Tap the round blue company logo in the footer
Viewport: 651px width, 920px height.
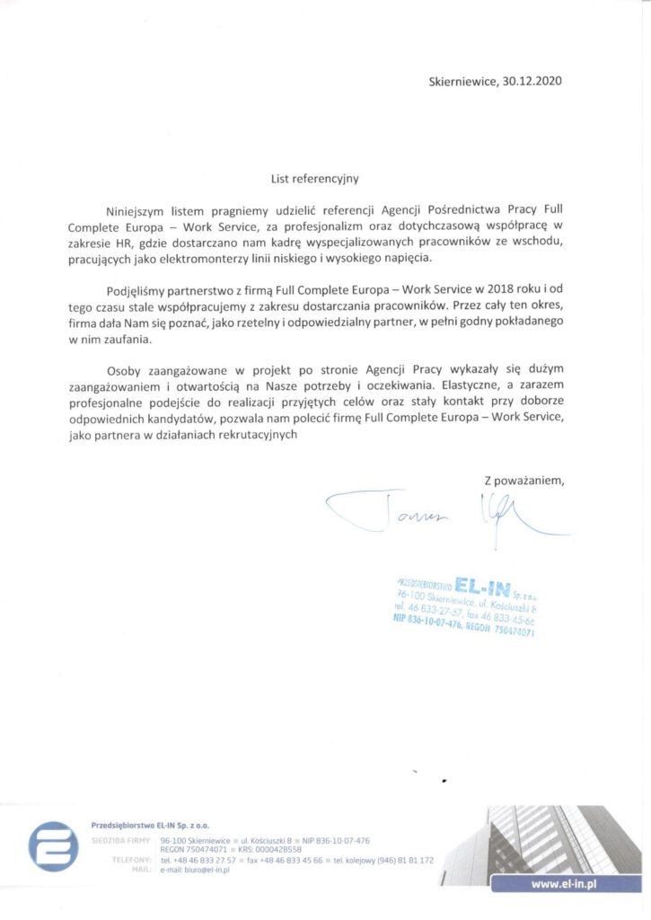[x=54, y=845]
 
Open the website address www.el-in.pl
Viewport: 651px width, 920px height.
[x=566, y=885]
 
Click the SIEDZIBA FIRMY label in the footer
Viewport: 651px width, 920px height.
[x=120, y=840]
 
